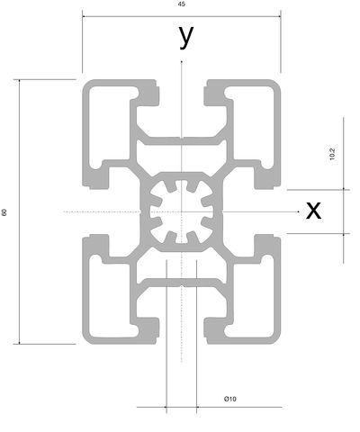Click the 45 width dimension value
tap(182, 4)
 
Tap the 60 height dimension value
tap(4, 212)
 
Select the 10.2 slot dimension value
tap(332, 154)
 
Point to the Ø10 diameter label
tap(230, 399)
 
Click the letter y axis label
tap(186, 36)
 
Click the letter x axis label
tap(313, 211)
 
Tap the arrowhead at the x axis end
tap(298, 211)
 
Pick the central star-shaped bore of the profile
tap(182, 211)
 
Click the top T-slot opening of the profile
tap(182, 93)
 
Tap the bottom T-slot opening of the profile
tap(182, 330)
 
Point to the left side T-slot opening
tap(95, 211)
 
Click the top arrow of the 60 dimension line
tap(20, 81)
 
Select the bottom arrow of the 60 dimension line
tap(20, 342)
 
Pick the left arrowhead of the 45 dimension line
tap(85, 16)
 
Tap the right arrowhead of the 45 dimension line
tap(279, 16)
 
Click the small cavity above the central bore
tap(182, 155)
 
